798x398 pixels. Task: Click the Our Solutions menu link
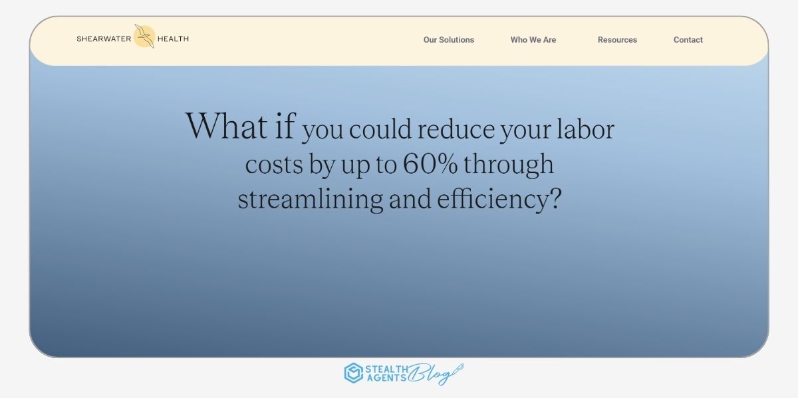(x=448, y=40)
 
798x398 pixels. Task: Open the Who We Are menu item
(x=533, y=40)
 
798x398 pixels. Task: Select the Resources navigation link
(x=617, y=40)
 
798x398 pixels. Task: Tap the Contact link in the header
(x=688, y=40)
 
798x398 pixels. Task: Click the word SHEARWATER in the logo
(x=104, y=39)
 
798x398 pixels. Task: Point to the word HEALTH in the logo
(x=173, y=39)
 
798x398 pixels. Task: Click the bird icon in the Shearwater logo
(x=145, y=37)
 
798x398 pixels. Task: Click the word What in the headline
(x=227, y=126)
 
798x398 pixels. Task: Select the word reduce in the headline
(x=456, y=129)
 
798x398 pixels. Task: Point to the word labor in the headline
(x=585, y=128)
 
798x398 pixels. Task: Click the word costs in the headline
(x=274, y=165)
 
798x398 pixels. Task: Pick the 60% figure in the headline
(x=430, y=163)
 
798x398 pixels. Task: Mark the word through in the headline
(x=508, y=165)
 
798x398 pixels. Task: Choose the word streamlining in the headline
(x=311, y=200)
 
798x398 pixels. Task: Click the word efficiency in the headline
(x=493, y=200)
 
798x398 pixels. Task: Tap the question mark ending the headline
(x=556, y=198)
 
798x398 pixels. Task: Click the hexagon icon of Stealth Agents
(x=353, y=373)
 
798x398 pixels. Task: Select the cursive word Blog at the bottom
(x=436, y=374)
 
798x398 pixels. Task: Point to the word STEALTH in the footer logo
(x=386, y=369)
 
